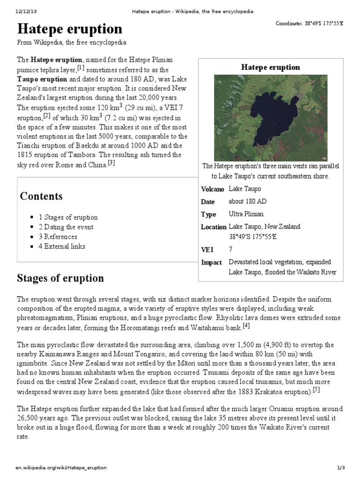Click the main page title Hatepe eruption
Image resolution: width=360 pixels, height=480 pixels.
coord(70,30)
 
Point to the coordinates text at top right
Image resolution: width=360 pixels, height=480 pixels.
coord(309,24)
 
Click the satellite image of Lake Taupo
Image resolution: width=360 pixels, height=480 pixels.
coord(270,117)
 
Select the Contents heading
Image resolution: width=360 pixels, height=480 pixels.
coord(41,196)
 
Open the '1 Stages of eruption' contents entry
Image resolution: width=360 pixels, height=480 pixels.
coord(68,217)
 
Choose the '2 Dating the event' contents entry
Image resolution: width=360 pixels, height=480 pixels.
coord(66,227)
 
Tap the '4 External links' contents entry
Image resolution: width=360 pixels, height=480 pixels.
coord(62,246)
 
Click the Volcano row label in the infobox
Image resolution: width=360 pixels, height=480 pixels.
coord(212,189)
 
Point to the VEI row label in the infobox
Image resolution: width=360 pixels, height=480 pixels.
coord(207,250)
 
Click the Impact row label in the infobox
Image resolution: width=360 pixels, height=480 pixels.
coord(211,262)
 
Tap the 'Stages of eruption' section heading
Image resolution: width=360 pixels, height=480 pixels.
coord(60,278)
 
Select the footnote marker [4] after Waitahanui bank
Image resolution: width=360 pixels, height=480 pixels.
coord(246,326)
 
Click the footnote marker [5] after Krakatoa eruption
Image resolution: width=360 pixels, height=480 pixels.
coord(316,390)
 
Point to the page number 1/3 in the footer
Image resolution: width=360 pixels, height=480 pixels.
coord(341,468)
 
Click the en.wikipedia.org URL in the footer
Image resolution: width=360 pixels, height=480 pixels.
coord(61,468)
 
